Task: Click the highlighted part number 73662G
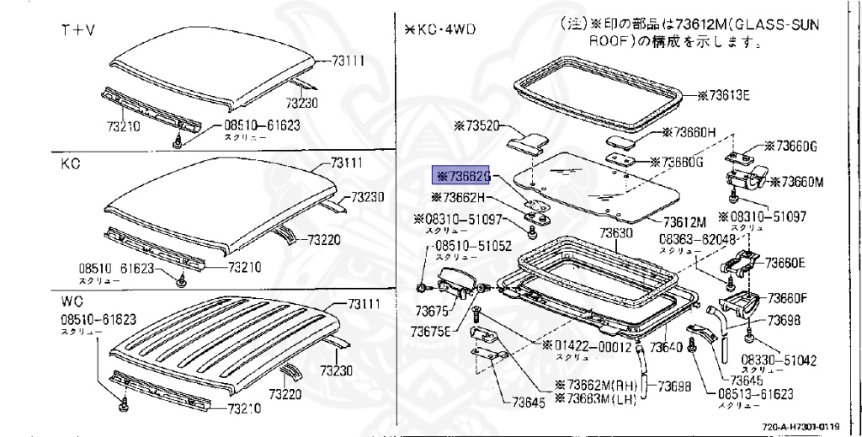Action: click(x=461, y=175)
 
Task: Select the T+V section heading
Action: click(x=77, y=30)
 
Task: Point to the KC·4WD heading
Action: click(x=439, y=29)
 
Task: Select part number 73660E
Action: click(x=785, y=263)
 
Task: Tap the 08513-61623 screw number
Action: click(x=755, y=393)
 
